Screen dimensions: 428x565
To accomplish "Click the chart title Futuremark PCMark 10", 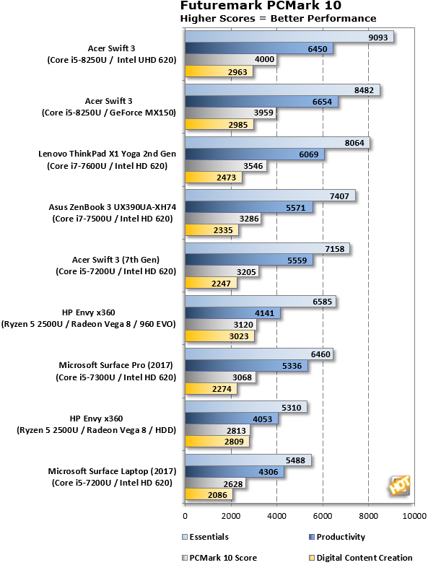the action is (x=261, y=5).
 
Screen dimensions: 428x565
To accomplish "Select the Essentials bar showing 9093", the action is (x=289, y=37).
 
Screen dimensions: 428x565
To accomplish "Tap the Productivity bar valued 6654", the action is (x=261, y=102).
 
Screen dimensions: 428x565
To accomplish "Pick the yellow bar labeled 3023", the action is (x=219, y=336).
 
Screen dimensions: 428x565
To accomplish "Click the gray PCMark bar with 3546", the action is (x=226, y=166).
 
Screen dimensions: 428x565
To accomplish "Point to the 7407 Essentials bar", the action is (x=270, y=196).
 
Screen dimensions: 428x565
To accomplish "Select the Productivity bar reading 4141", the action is (x=232, y=313).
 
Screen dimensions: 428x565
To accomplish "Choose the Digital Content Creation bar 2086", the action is (x=209, y=495).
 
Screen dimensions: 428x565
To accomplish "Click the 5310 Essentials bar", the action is (x=246, y=407).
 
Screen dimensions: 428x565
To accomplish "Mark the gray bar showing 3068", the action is (x=220, y=377).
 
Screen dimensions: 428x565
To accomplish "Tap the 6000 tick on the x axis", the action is (x=323, y=516).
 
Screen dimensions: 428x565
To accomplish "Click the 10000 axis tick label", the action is (x=414, y=516).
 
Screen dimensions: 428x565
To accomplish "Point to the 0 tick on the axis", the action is (x=185, y=516).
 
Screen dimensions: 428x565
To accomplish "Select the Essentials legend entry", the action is (x=206, y=537).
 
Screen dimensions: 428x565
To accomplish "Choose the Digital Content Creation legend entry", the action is (x=361, y=558).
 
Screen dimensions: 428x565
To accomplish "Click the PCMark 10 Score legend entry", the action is (x=219, y=558).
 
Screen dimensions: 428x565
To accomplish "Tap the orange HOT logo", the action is (x=400, y=485).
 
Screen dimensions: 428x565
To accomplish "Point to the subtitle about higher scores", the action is (x=278, y=18).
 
